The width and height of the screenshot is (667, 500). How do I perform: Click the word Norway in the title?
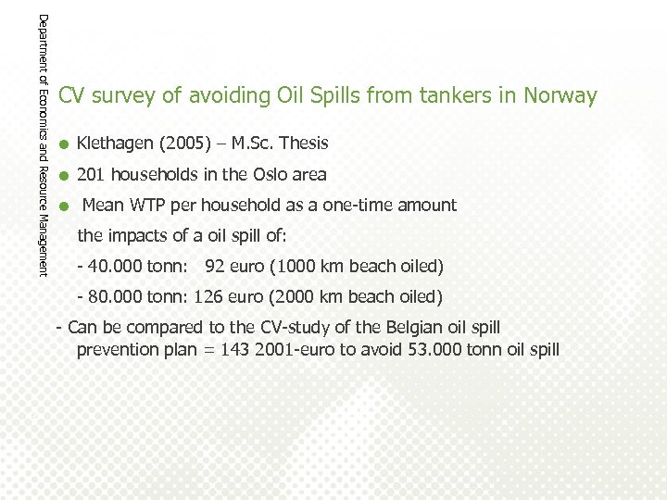pyautogui.click(x=560, y=95)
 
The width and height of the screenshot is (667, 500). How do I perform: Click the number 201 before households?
pyautogui.click(x=91, y=174)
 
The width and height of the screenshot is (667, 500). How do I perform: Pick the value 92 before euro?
pyautogui.click(x=215, y=267)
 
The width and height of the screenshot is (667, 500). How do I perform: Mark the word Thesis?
pyautogui.click(x=304, y=144)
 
